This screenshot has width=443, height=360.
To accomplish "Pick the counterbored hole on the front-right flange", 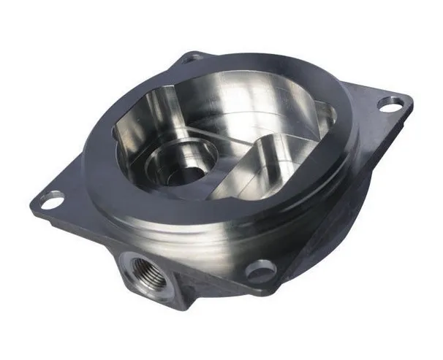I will (260, 269).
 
